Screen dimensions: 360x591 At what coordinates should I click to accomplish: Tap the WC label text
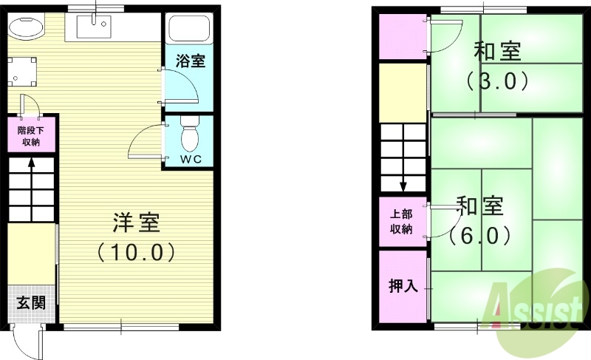(191, 159)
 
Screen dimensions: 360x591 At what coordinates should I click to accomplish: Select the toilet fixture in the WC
(190, 135)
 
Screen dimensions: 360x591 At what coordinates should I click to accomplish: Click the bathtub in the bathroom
(190, 30)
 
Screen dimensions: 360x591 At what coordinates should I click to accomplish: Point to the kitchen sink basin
(94, 29)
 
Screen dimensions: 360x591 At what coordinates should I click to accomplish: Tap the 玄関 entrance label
(30, 302)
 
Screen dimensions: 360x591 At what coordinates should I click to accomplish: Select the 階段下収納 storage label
(30, 135)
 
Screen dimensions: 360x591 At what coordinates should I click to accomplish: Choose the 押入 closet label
(403, 285)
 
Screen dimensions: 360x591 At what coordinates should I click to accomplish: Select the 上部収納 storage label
(403, 221)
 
